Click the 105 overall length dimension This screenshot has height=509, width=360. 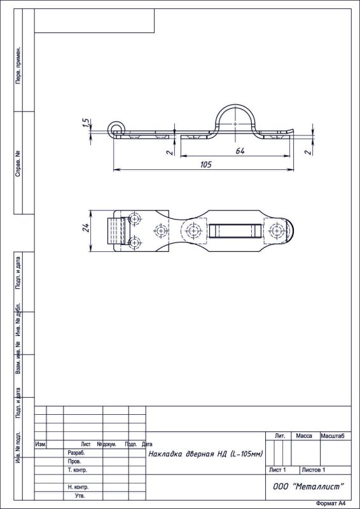click(205, 164)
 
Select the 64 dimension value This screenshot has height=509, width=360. click(240, 150)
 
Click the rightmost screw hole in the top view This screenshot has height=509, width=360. click(275, 230)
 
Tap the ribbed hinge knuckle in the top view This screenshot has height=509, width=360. click(115, 231)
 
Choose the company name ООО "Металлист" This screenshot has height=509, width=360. click(308, 486)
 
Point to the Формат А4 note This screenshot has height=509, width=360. click(333, 503)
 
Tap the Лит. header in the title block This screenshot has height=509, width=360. click(279, 436)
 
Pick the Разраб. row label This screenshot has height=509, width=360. click(76, 453)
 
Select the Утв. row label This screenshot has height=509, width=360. click(80, 495)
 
